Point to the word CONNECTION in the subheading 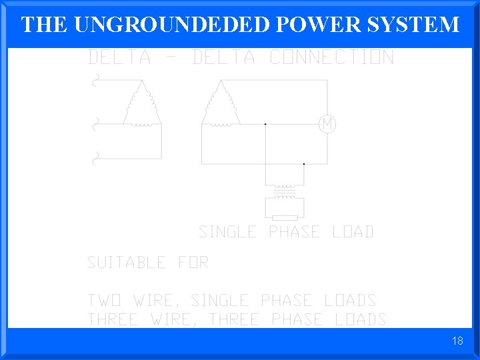tap(331, 58)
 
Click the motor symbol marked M tap(327, 124)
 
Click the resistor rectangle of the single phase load tap(285, 218)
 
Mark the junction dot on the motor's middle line tap(265, 124)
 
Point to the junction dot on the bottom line tap(304, 163)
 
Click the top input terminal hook tap(95, 83)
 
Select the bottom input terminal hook tap(95, 159)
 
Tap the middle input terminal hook tap(95, 123)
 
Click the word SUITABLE tap(126, 263)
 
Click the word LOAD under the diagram tap(353, 232)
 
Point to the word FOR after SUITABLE tap(193, 263)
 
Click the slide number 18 tap(457, 341)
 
